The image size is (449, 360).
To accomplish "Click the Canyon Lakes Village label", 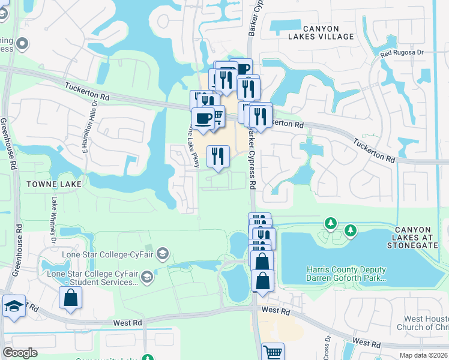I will click(329, 32).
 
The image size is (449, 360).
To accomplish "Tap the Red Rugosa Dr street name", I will click(402, 53).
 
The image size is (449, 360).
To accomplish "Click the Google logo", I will click(20, 353).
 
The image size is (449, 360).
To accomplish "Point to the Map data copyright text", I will click(424, 355).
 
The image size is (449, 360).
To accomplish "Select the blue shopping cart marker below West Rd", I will click(273, 352).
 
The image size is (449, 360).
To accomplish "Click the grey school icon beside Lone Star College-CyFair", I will click(162, 254).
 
